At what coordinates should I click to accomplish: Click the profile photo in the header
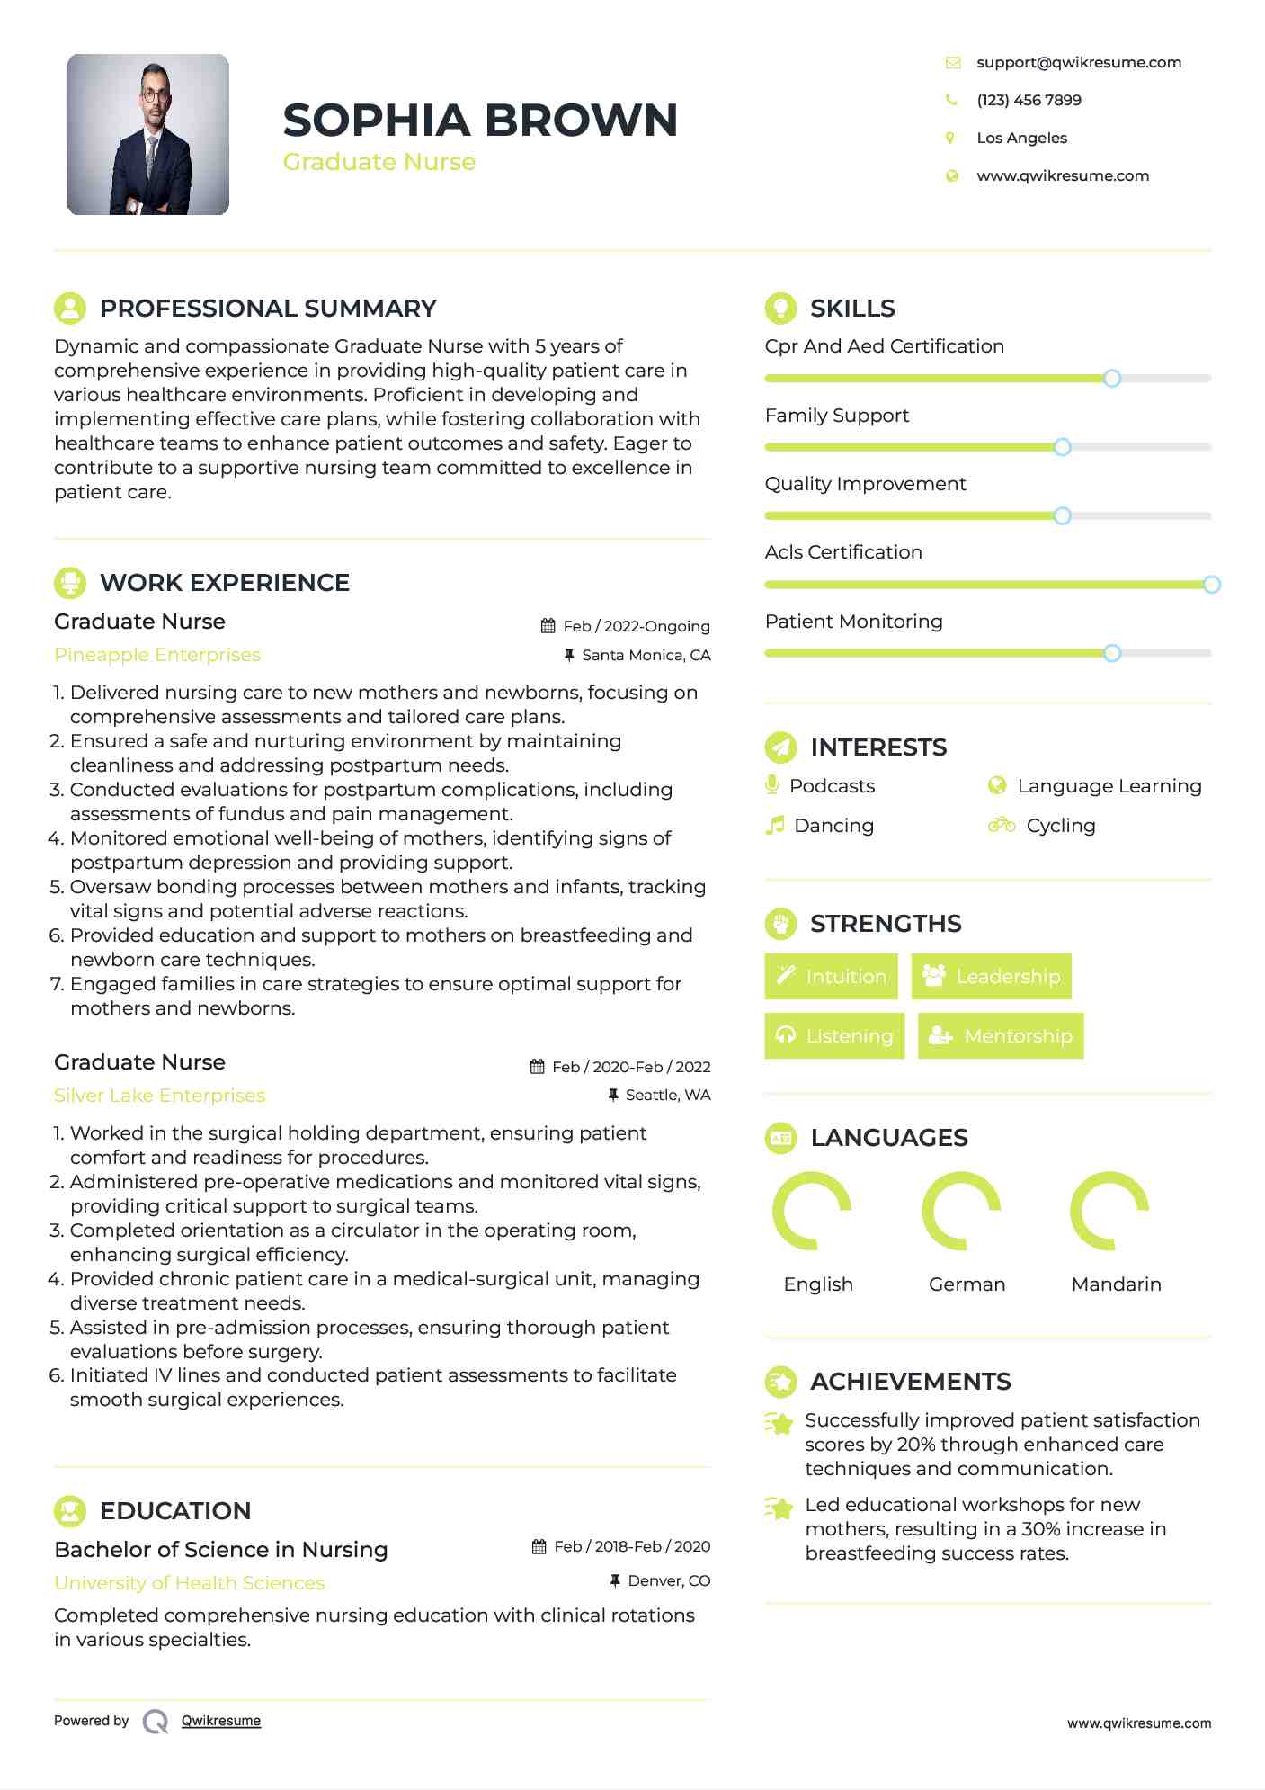coord(148,134)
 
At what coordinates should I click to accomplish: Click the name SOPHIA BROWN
coord(480,121)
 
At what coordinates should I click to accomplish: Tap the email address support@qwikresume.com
coord(1078,62)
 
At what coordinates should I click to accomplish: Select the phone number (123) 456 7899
coord(1029,100)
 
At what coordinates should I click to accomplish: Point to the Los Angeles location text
coord(1021,138)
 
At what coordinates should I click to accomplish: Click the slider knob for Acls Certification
coord(1211,585)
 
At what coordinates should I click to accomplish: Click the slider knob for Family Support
coord(1062,447)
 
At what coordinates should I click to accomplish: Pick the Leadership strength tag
coord(991,976)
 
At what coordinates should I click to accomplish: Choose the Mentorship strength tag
coord(1001,1035)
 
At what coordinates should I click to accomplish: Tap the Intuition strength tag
coord(831,976)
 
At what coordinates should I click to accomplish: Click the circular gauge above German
coord(961,1211)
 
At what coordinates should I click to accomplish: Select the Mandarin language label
coord(1116,1284)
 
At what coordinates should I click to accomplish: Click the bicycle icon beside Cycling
coord(1001,825)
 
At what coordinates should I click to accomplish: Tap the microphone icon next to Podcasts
coord(772,785)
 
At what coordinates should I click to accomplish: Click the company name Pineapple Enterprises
coord(157,655)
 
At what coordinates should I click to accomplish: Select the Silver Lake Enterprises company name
coord(160,1096)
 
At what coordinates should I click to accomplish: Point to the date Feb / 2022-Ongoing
coord(636,626)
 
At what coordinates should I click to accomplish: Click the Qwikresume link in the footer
coord(221,1721)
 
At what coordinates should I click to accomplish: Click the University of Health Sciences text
coord(190,1583)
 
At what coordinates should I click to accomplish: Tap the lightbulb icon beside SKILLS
coord(780,308)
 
